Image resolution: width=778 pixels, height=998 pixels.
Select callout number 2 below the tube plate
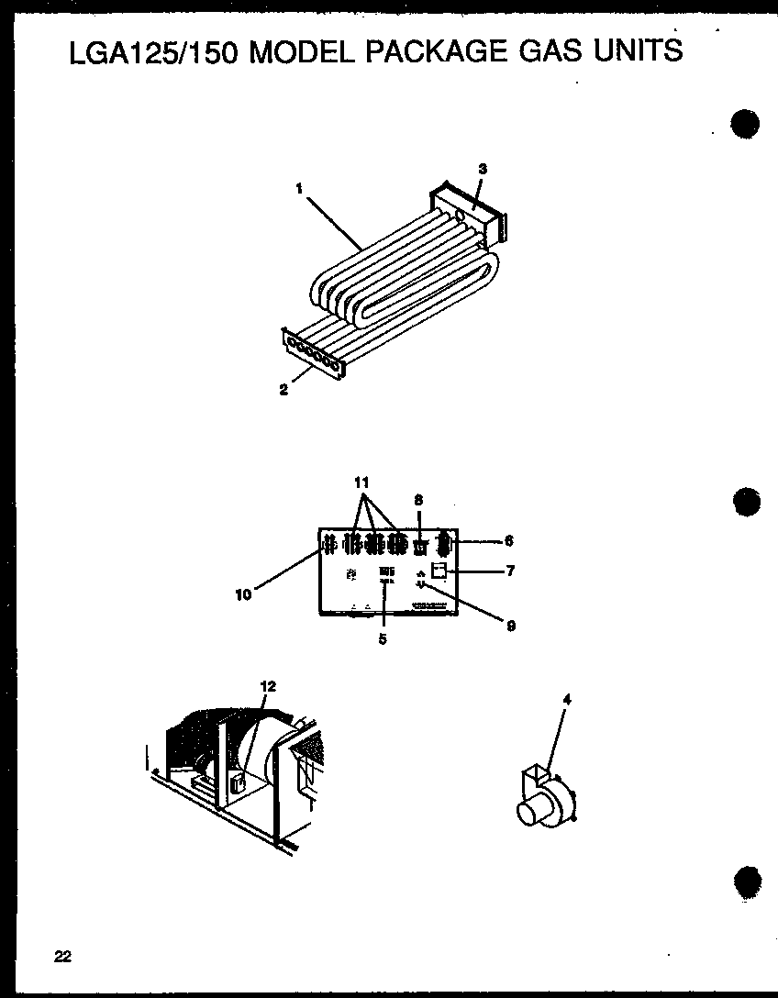tap(283, 390)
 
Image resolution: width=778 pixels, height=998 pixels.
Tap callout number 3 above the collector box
tap(483, 168)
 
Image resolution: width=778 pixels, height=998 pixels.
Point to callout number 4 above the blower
tap(567, 700)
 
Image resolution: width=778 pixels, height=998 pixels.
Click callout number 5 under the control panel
tap(383, 639)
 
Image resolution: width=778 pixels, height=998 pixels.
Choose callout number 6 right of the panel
tap(508, 541)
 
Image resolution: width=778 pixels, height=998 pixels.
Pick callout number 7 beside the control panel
tap(510, 571)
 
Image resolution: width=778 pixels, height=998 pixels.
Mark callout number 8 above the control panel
tap(418, 500)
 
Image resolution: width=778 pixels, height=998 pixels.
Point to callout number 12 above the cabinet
tap(268, 686)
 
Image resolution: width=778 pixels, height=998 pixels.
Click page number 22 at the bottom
tap(62, 957)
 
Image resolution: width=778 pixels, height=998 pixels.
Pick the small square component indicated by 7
tap(439, 571)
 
